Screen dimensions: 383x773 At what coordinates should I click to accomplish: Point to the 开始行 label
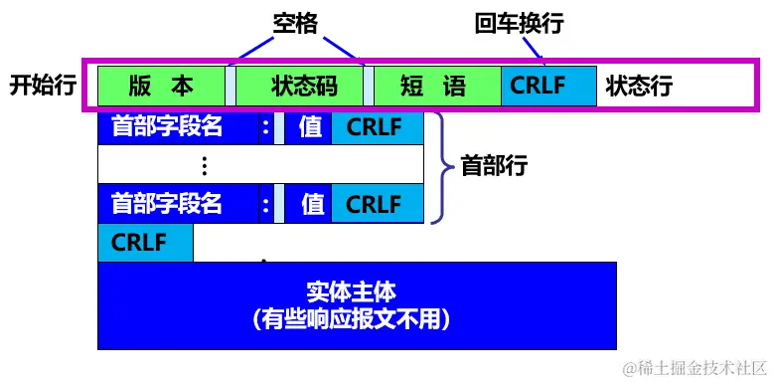click(43, 86)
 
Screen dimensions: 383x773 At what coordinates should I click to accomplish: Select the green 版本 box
click(161, 86)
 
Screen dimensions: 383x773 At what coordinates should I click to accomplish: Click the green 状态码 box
click(300, 86)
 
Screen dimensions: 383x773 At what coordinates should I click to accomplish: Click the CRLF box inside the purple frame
click(547, 86)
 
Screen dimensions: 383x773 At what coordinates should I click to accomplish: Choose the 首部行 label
click(494, 165)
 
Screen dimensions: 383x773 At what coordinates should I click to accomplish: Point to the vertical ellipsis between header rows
click(205, 165)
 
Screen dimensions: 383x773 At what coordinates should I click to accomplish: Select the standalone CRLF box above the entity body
click(145, 243)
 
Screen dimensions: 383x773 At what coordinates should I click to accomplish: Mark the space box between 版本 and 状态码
click(231, 86)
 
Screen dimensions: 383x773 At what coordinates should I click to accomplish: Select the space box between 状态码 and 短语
click(369, 86)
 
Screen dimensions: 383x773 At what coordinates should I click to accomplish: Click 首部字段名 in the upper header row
click(166, 127)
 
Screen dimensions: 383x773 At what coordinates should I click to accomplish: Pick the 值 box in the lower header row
click(312, 204)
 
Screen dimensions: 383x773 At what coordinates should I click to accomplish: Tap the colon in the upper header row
click(265, 127)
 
